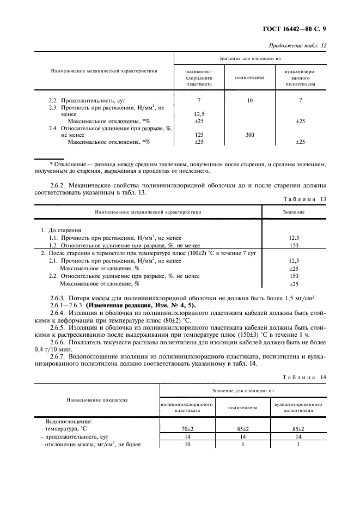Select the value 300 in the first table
250,134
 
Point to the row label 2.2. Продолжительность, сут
87,101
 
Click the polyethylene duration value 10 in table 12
250,101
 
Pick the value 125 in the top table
199,134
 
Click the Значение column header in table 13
294,212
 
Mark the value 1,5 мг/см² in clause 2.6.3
305,297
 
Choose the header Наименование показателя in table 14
97,399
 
